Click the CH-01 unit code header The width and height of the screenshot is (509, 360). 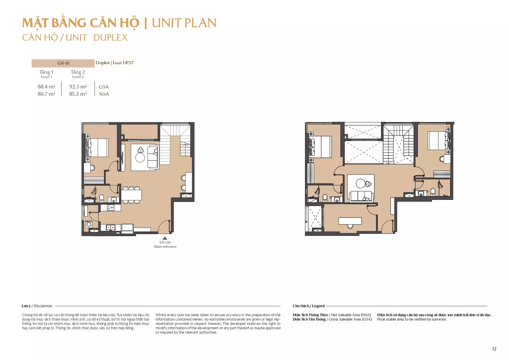(x=63, y=63)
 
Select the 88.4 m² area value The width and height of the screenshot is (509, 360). (x=46, y=87)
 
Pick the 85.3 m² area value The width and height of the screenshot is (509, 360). (x=78, y=94)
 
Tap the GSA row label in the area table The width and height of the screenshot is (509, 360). (x=104, y=87)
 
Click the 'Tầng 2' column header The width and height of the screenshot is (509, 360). (x=78, y=72)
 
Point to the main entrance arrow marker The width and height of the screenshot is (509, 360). (x=165, y=238)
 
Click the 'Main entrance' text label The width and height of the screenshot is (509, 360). (x=165, y=247)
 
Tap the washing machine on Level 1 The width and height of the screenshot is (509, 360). (x=89, y=224)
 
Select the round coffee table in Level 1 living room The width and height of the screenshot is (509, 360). (x=140, y=158)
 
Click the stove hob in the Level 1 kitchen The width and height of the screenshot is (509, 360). (x=111, y=208)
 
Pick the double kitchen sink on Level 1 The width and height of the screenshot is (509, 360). (x=110, y=228)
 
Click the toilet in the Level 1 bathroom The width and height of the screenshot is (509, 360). (x=102, y=198)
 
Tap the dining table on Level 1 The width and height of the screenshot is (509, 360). (x=131, y=195)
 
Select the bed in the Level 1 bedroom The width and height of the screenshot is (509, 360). (x=97, y=148)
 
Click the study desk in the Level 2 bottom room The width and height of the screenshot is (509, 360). (x=350, y=221)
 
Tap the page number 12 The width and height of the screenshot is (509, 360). (x=494, y=349)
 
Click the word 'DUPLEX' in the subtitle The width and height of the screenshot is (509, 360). (x=111, y=38)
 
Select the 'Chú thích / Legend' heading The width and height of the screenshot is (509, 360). (x=309, y=306)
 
